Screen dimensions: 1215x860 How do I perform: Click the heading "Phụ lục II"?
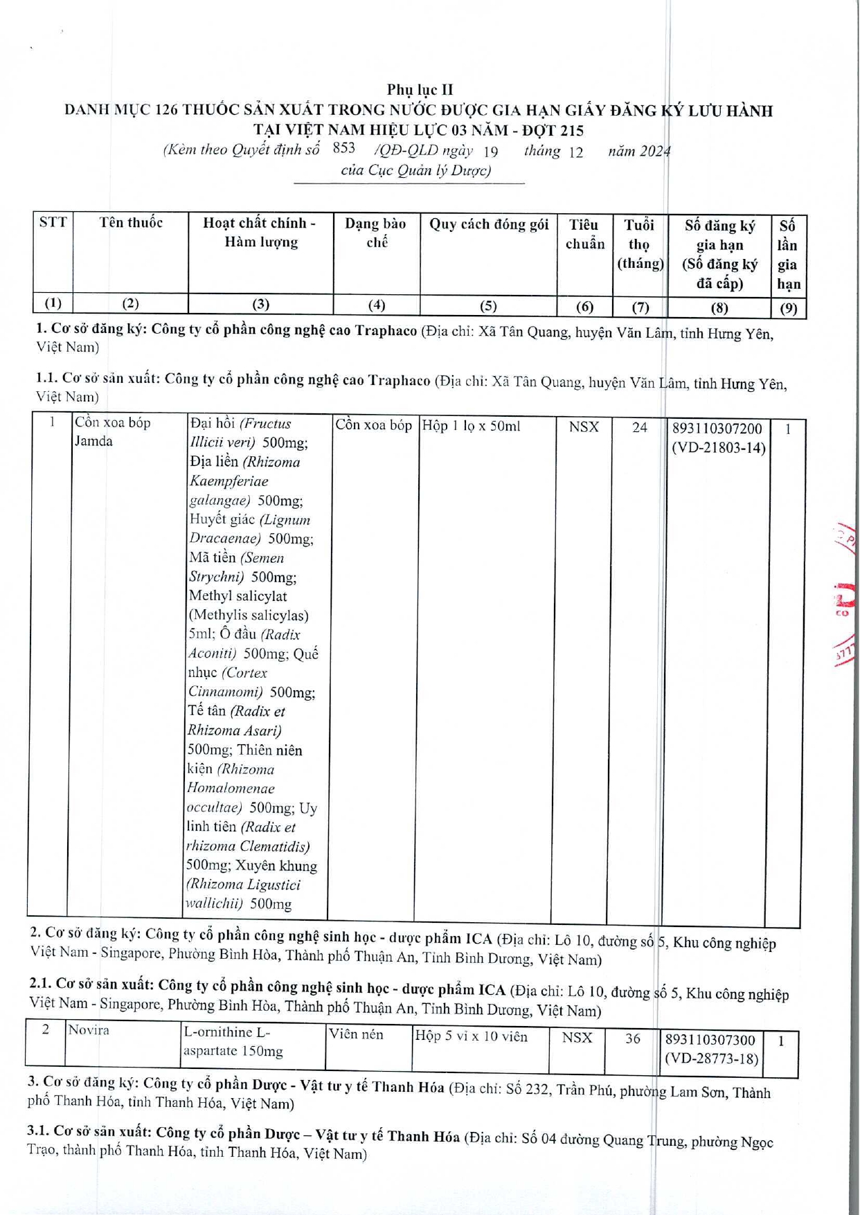pos(420,89)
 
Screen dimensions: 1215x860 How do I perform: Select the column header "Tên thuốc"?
pos(131,222)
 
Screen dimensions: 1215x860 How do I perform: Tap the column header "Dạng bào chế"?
pos(375,233)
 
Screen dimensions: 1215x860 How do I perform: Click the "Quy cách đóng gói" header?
pos(489,224)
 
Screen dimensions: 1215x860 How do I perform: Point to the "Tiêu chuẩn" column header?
pos(584,234)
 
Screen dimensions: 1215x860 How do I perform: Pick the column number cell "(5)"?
pos(488,305)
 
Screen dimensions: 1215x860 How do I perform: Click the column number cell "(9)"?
pos(788,308)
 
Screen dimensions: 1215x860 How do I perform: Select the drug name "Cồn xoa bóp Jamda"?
pos(112,431)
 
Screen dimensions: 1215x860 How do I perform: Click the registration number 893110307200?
pos(717,429)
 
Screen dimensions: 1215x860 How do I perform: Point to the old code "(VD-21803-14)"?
pos(719,448)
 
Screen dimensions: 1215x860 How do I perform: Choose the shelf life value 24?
pos(639,427)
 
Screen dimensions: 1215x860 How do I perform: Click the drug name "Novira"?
pos(89,1030)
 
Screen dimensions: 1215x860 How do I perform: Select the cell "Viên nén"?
pos(357,1034)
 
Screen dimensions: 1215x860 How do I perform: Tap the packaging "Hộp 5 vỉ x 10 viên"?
pos(471,1036)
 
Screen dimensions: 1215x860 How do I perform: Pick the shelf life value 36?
pos(632,1038)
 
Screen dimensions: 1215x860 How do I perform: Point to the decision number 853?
pos(343,147)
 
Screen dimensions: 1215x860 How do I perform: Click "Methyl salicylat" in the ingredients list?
pos(238,596)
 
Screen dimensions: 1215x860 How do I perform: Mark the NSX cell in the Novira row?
pos(577,1037)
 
